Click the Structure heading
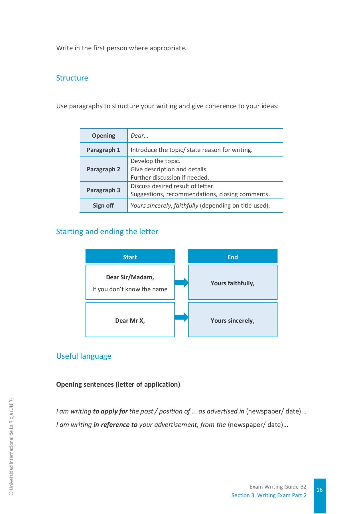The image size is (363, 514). [72, 78]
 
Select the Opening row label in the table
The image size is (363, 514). [103, 136]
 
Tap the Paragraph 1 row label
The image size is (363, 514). [103, 150]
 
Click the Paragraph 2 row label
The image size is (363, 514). [103, 169]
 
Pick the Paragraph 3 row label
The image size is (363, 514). [103, 190]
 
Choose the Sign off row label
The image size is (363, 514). [103, 206]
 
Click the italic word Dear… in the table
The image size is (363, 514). [139, 136]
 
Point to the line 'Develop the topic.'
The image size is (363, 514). [155, 161]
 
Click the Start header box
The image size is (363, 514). [130, 257]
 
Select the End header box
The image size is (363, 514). [233, 257]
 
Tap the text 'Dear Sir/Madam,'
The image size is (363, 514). [130, 277]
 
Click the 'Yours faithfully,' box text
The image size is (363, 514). [233, 283]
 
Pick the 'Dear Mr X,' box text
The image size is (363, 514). [130, 321]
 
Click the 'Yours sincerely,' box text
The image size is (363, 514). [233, 321]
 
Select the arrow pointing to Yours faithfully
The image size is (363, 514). [182, 283]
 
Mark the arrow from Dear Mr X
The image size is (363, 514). [182, 317]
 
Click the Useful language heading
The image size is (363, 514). [84, 356]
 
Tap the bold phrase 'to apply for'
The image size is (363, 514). [110, 411]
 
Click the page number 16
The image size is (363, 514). [320, 490]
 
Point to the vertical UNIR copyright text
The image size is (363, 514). [11, 447]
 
